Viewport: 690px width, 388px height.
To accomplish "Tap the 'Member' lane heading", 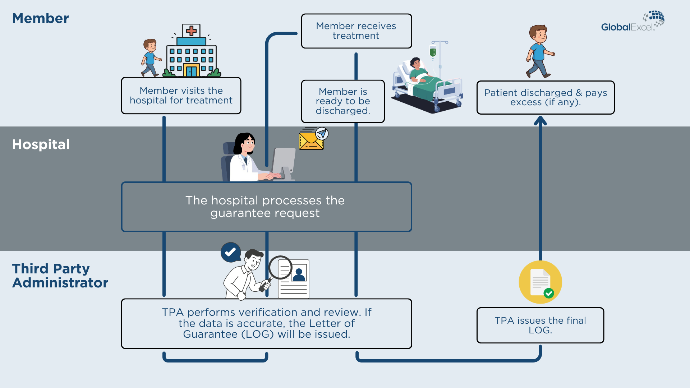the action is (40, 18).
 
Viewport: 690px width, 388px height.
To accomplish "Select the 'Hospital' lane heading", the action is (41, 144).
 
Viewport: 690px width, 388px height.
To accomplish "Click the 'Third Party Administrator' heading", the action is (60, 276).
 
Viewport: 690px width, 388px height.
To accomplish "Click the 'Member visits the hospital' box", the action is (181, 96).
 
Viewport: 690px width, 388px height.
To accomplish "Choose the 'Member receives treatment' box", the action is (356, 31).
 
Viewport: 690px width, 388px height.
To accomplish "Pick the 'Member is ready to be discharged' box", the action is (343, 101).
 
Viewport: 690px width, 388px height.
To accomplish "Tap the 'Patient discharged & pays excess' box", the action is (546, 97).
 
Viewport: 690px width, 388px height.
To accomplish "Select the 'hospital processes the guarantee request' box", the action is (266, 207).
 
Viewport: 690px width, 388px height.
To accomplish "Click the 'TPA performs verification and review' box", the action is (266, 323).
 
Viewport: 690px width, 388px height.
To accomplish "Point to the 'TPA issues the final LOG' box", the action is (540, 325).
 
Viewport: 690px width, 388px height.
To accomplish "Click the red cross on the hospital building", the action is (191, 31).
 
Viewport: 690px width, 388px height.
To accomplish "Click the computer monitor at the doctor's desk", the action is (284, 163).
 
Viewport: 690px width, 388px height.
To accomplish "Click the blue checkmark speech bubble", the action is (230, 252).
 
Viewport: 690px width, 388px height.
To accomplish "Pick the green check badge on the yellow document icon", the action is (548, 293).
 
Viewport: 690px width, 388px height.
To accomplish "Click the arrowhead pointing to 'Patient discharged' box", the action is (540, 120).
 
